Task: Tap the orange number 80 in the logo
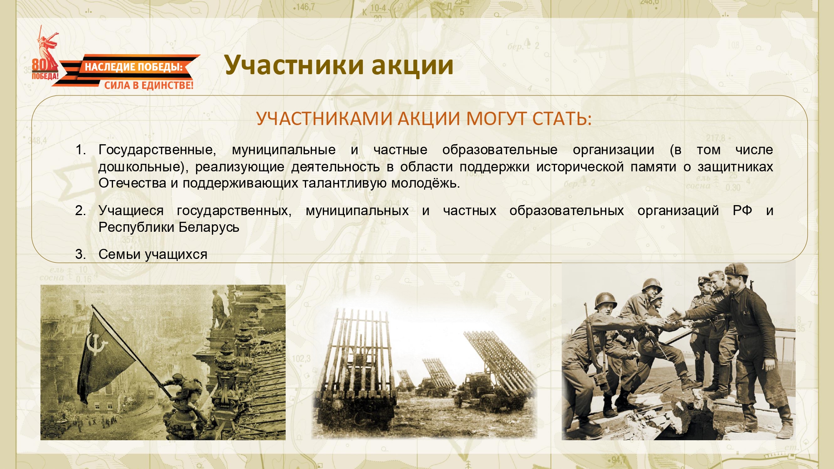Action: pyautogui.click(x=40, y=65)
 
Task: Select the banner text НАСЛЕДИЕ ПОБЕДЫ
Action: pyautogui.click(x=134, y=67)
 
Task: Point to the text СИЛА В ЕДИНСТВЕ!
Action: pyautogui.click(x=149, y=85)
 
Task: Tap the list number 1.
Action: pyautogui.click(x=80, y=150)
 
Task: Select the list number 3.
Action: pyautogui.click(x=80, y=254)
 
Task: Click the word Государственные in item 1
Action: pyautogui.click(x=157, y=150)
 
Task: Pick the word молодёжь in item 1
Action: pyautogui.click(x=425, y=183)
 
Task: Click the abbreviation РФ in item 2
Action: pyautogui.click(x=742, y=211)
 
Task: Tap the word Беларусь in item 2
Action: pyautogui.click(x=209, y=228)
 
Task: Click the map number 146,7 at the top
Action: pyautogui.click(x=304, y=7)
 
